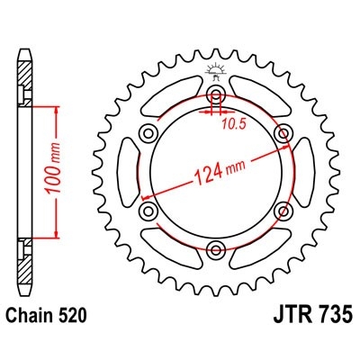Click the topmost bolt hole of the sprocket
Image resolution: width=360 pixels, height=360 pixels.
(216, 95)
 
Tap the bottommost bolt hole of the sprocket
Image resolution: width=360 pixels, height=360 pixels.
(216, 249)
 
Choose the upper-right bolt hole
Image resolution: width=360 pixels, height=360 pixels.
(283, 134)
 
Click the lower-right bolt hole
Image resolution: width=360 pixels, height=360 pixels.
(283, 211)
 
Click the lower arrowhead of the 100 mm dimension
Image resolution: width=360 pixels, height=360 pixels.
(60, 238)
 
